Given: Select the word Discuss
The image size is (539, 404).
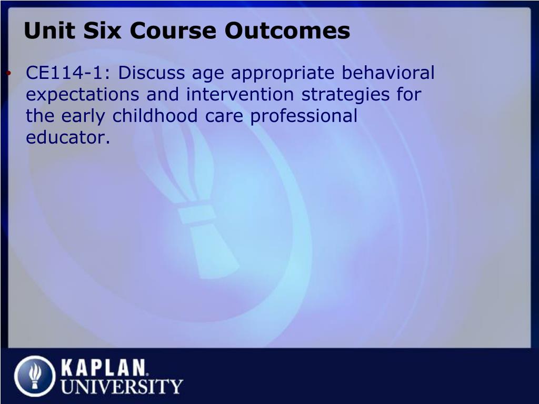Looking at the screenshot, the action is coord(152,73).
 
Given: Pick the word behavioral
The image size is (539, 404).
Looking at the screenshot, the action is coord(388,73).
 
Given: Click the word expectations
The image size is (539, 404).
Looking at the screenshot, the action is coord(83,95).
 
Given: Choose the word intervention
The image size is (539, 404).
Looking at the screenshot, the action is coord(240,94).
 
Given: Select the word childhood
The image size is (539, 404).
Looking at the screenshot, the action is coord(155,116).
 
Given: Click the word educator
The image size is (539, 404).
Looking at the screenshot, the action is coord(68,137).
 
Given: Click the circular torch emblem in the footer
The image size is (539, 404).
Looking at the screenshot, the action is coord(35,376).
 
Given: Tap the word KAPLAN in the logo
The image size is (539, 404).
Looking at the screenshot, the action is coord(104,368).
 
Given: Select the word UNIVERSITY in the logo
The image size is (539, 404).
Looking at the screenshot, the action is coord(122,386).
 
